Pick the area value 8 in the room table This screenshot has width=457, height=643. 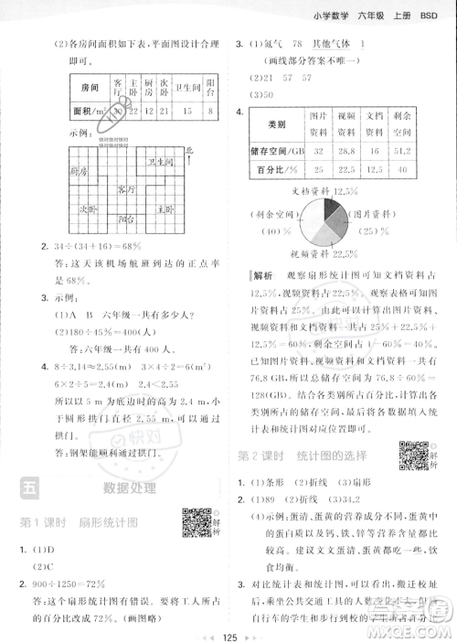[210, 113]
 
